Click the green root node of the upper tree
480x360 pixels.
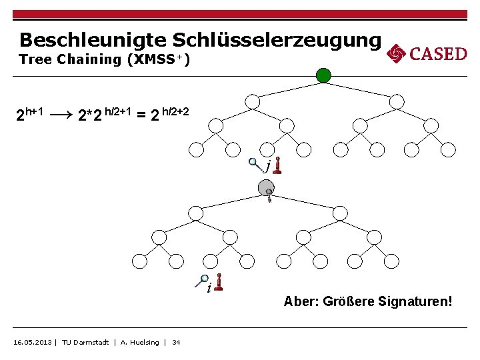pyautogui.click(x=323, y=75)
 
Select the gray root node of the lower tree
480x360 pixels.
pyautogui.click(x=266, y=189)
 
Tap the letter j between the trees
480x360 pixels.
pyautogui.click(x=267, y=166)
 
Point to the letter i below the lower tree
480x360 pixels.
pyautogui.click(x=209, y=288)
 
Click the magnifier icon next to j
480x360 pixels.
pyautogui.click(x=253, y=162)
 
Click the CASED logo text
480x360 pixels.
pyautogui.click(x=438, y=54)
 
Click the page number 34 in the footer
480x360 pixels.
pyautogui.click(x=176, y=343)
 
